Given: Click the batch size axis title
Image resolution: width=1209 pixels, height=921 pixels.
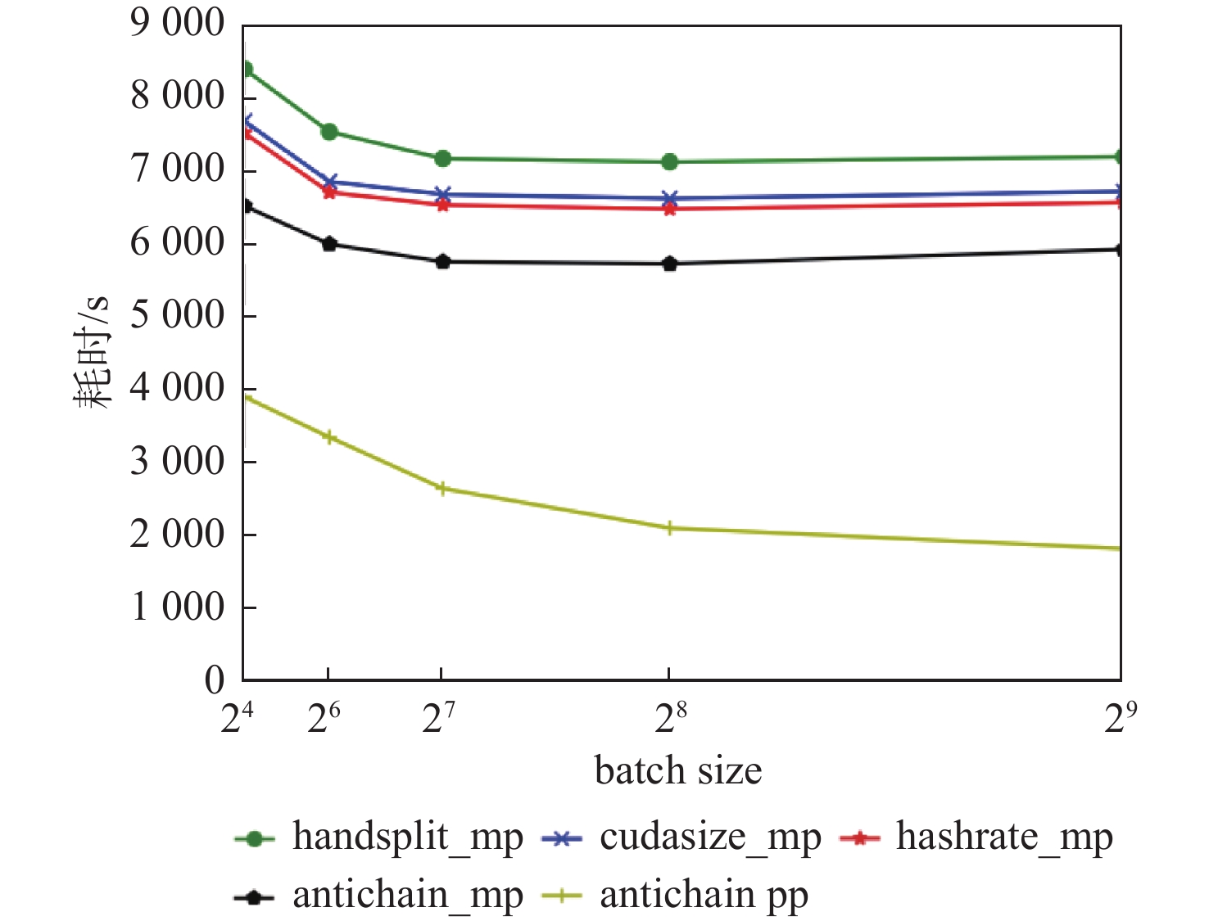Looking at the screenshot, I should [678, 771].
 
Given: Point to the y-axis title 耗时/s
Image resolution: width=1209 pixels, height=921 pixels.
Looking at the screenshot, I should [93, 352].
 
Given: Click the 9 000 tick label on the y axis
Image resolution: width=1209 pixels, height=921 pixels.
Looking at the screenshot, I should [177, 24].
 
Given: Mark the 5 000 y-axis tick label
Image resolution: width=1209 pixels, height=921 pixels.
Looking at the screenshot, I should [177, 315].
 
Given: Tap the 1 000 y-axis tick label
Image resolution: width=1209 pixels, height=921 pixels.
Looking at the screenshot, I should [177, 607].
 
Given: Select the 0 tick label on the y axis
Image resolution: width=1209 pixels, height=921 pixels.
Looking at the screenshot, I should [214, 679].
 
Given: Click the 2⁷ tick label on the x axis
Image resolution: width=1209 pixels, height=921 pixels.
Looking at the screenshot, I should [439, 719].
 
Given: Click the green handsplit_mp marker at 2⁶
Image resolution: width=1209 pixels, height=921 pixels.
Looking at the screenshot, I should [329, 132].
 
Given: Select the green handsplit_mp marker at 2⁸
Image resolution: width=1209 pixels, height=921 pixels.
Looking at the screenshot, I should [669, 162].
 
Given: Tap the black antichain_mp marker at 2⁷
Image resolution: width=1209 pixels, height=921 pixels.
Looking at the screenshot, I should [442, 262].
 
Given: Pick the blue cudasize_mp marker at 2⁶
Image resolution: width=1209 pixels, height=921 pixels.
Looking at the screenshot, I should [329, 182].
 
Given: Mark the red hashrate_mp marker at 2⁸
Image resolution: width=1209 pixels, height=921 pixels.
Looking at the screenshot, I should [669, 209].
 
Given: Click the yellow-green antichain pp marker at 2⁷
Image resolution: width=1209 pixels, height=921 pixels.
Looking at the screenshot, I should [442, 489].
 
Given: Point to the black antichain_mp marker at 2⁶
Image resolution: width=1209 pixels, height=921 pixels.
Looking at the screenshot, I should [329, 244].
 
